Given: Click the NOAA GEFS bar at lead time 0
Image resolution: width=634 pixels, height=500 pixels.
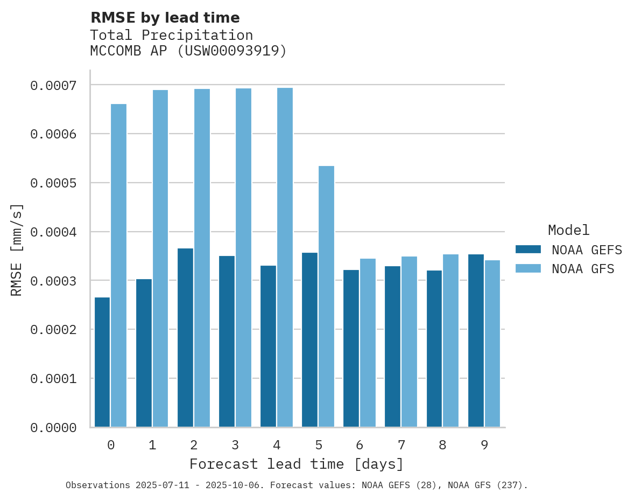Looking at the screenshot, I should coord(102,362).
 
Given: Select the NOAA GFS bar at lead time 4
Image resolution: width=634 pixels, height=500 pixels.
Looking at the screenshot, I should coord(285,258).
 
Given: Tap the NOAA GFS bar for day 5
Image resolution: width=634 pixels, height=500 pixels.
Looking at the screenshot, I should coord(326,296).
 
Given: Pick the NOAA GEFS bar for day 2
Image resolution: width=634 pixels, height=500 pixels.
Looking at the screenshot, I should coord(185,338).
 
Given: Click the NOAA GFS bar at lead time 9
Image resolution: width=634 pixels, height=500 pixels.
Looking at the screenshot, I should coord(492,344).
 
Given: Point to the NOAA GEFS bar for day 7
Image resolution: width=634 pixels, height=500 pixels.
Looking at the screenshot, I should coord(393,346).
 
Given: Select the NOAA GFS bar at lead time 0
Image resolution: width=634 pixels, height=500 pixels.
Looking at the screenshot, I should coord(119,266).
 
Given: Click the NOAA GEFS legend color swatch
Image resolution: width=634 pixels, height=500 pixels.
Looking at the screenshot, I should coord(529,249).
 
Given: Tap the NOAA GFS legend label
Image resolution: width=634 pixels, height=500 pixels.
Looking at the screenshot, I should coord(583,268).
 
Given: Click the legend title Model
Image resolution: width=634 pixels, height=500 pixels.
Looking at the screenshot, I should coord(568,230).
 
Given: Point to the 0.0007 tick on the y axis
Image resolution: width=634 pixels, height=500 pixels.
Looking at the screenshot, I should coord(53,85).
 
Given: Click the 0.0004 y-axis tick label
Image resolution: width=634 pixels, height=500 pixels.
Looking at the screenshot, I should coord(53,232).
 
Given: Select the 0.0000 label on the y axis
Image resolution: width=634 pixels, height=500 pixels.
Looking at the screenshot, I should coord(53,428).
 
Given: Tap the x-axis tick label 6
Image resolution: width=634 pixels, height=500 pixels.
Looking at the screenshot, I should coord(360,445).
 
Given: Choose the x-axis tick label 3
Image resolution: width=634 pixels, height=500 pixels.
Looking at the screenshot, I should coord(235,445).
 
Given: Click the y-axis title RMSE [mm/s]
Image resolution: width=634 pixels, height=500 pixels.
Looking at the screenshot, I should coord(17,250).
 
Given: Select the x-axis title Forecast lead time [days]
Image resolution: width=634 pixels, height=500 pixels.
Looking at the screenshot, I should coord(297,464).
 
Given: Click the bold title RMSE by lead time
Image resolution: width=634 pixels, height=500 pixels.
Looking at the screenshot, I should coord(165,18).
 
